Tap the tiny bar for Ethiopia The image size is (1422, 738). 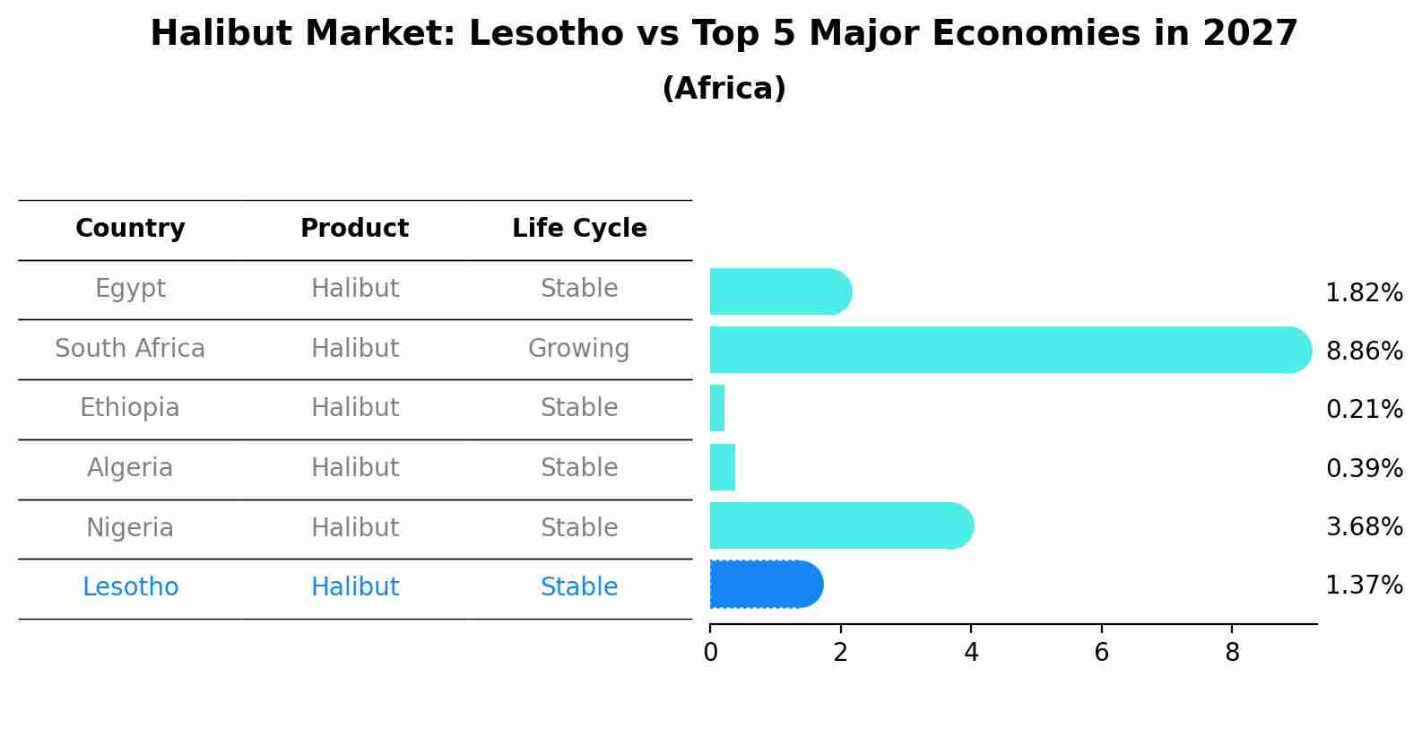click(717, 409)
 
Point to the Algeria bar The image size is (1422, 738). click(723, 467)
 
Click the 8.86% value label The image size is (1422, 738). click(1364, 351)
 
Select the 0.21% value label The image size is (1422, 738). click(1364, 410)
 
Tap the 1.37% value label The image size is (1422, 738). click(1364, 586)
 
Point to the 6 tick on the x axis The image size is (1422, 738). click(1101, 653)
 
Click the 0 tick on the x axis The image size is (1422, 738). click(710, 653)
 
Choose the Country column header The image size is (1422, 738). click(130, 229)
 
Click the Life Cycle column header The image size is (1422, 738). click(579, 229)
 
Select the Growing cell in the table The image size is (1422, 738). click(578, 348)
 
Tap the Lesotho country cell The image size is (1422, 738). click(130, 587)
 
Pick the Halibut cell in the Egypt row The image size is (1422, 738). click(354, 289)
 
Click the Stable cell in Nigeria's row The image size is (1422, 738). click(578, 527)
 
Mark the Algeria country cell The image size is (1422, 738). click(130, 468)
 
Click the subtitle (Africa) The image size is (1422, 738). click(724, 89)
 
